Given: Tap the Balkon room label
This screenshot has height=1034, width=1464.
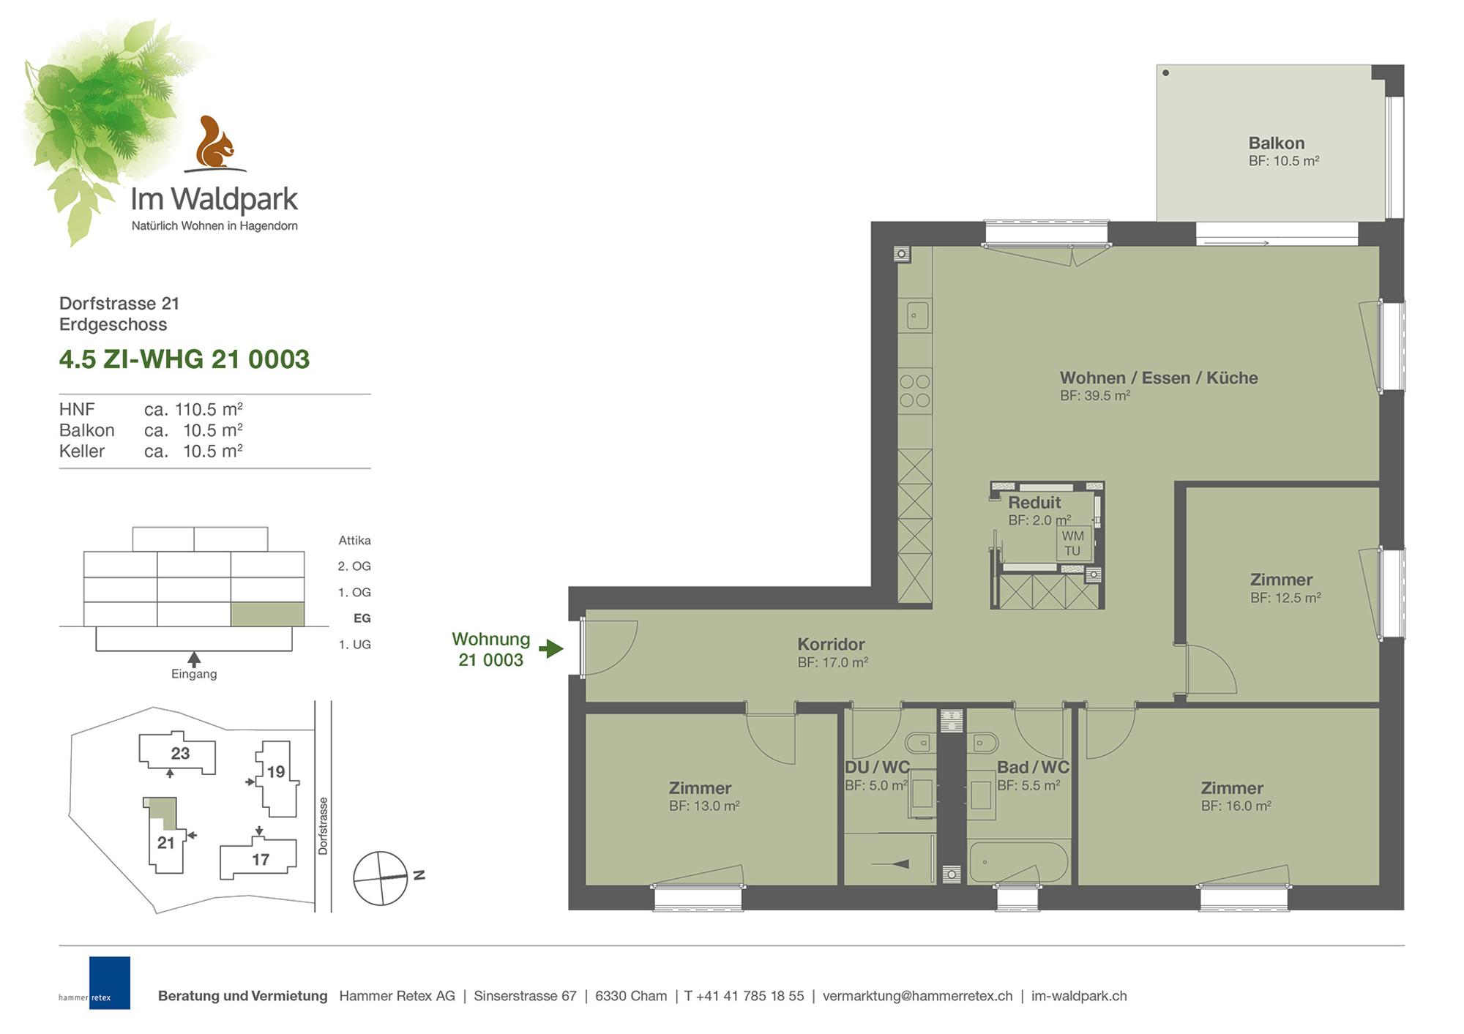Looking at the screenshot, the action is [x=1277, y=143].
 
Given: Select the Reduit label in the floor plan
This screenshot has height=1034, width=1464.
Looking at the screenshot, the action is [x=1034, y=503].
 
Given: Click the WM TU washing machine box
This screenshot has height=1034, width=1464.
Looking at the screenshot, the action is [x=1072, y=543].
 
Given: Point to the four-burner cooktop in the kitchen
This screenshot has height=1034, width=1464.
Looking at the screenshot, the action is [x=914, y=391].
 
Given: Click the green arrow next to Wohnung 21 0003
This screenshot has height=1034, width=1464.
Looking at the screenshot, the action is [x=551, y=648].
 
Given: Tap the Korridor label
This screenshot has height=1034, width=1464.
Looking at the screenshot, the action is [x=831, y=645].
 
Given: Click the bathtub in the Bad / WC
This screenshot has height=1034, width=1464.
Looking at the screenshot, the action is [x=1018, y=862].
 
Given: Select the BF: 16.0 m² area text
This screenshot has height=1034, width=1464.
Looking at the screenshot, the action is [x=1236, y=806].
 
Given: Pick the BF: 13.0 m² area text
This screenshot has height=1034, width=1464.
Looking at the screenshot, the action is [x=704, y=806].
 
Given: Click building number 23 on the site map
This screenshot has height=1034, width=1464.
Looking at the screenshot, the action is [x=180, y=754].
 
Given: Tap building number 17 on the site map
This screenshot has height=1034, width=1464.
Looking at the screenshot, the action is [x=261, y=860].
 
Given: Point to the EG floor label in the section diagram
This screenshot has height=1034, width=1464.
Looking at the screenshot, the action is [x=362, y=618].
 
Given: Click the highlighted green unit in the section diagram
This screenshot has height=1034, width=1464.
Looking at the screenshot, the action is [x=267, y=615].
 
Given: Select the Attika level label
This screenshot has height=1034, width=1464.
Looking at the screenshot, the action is [x=354, y=541].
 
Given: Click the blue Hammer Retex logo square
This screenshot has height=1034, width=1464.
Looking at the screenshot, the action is [x=110, y=983].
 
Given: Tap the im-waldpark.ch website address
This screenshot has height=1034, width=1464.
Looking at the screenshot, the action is [x=1079, y=996].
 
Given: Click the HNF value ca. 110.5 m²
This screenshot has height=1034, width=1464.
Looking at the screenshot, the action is [x=193, y=409].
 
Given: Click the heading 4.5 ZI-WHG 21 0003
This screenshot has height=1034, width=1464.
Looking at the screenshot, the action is [x=184, y=359].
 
